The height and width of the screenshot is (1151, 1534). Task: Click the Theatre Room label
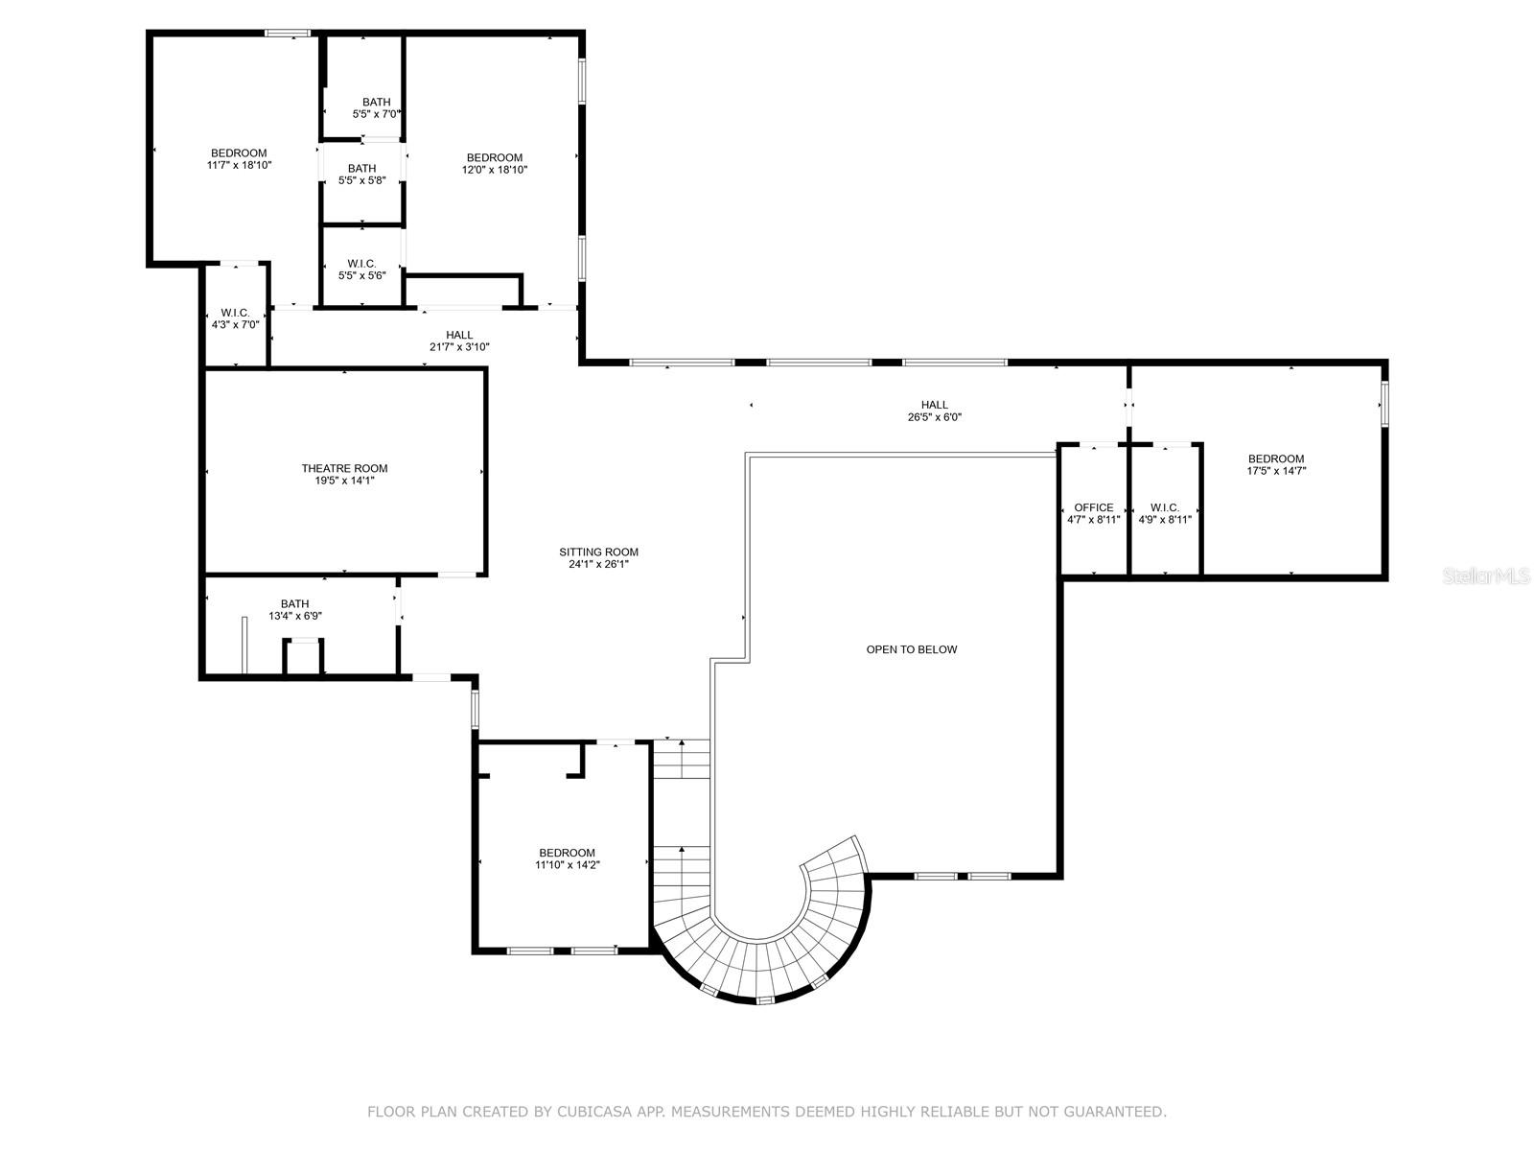pos(344,468)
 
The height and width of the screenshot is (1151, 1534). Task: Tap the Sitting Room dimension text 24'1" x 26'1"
pos(598,564)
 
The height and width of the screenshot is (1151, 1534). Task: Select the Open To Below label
pos(911,649)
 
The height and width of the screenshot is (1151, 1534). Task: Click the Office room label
pos(1093,507)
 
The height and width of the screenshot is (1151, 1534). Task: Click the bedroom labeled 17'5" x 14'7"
pos(1275,464)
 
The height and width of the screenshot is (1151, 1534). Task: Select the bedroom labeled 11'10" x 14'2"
pos(567,858)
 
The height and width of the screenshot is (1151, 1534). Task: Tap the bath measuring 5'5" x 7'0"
pos(376,107)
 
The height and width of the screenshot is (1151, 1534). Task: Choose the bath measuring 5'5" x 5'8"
pos(361,174)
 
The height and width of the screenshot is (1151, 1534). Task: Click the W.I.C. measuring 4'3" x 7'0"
pos(235,318)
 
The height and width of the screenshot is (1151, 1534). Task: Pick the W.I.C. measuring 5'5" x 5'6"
pos(361,269)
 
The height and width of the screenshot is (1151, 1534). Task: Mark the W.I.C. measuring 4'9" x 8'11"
pos(1165,513)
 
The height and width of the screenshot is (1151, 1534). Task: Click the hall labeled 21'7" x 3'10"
pos(459,341)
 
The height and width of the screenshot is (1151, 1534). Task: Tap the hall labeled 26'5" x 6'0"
pos(934,411)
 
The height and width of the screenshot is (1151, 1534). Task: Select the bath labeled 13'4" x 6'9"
pos(294,610)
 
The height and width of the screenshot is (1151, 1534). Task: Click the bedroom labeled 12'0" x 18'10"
pos(495,163)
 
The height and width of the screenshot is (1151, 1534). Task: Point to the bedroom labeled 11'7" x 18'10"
pos(239,158)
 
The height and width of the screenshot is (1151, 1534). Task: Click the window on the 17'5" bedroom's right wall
pos(1383,404)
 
